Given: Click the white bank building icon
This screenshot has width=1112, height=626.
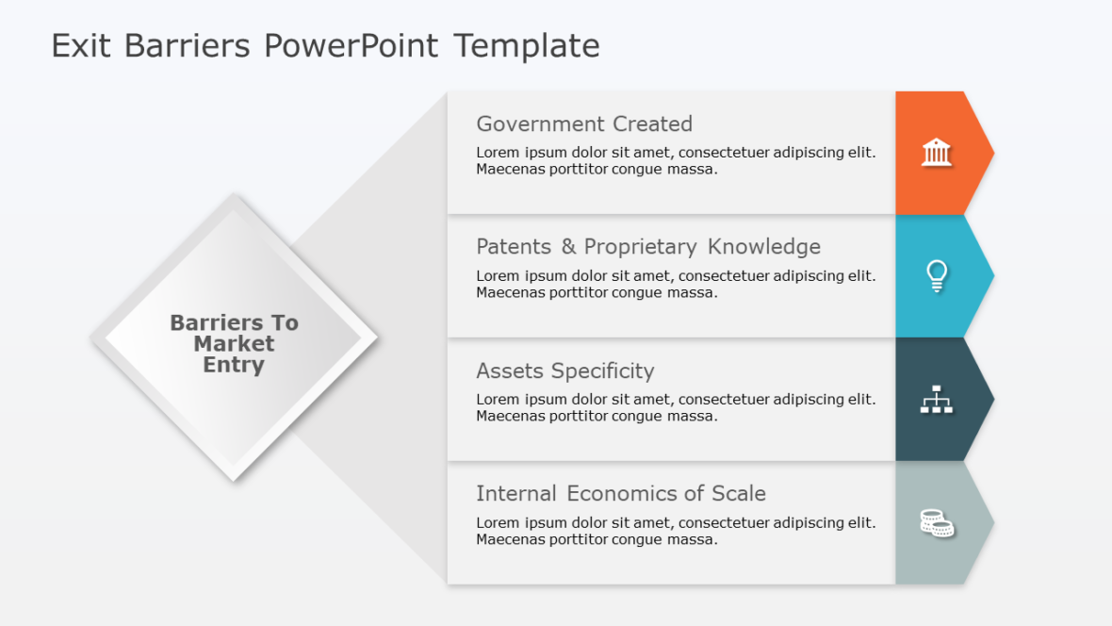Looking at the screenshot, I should coord(936,152).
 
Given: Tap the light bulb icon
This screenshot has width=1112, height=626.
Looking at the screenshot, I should coord(936,275).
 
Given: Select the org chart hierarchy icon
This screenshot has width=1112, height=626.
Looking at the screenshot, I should coord(936,400).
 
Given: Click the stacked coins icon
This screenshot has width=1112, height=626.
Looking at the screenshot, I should coord(936,522).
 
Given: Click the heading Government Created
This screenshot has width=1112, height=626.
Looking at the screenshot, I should coord(583,124).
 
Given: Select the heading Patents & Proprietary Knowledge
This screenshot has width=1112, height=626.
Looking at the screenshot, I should coord(647,247).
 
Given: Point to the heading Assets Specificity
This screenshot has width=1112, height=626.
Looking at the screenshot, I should coord(564,371).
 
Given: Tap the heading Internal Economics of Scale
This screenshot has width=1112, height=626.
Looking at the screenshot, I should coord(620,493).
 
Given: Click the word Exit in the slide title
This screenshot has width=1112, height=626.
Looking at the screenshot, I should coord(81,45).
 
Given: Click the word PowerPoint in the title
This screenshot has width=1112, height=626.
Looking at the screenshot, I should coord(351,45).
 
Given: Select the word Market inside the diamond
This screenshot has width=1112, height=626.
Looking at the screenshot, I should coord(234,344).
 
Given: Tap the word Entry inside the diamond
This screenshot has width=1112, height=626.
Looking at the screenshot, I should coord(234,365).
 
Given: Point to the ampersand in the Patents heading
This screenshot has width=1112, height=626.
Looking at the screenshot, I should coord(568,247).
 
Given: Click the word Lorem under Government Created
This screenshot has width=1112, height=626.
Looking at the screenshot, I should coord(497,153).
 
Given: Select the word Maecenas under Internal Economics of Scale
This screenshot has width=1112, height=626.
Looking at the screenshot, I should coord(510,540).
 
